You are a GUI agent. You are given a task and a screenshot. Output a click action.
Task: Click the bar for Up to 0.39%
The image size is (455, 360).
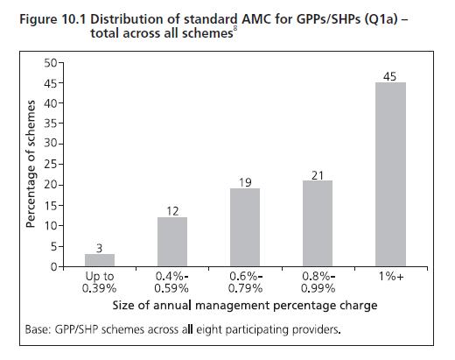[100, 260]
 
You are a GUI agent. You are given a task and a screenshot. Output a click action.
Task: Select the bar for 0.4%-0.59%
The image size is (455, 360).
[172, 242]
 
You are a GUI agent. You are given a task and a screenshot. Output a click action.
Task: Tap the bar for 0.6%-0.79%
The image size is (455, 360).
[245, 227]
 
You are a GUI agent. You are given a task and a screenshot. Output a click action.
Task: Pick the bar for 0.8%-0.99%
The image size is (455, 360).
[318, 223]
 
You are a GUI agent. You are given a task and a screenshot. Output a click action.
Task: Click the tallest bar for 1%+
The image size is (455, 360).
[390, 174]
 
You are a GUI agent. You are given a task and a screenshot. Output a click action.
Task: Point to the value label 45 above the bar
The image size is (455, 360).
[390, 76]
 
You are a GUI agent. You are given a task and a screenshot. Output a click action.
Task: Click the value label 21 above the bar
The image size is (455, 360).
[318, 175]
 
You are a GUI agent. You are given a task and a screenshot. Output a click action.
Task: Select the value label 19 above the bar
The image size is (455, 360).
[245, 183]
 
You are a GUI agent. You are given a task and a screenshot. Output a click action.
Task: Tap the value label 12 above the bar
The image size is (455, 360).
[172, 211]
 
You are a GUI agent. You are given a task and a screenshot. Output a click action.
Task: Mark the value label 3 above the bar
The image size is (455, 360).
[100, 249]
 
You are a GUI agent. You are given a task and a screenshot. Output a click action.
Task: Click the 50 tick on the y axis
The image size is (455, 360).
[51, 62]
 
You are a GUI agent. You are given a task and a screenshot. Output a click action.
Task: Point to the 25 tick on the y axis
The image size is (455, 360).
[51, 165]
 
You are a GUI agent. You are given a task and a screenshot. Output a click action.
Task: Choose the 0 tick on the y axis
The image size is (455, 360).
[54, 266]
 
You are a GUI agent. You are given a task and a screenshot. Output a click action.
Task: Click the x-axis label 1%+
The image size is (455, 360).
[391, 276]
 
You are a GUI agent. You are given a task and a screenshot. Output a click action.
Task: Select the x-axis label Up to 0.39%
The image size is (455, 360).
[100, 282]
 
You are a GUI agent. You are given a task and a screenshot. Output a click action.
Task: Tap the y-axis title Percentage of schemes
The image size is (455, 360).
[31, 164]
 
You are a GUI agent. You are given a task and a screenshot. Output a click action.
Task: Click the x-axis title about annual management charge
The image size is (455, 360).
[245, 306]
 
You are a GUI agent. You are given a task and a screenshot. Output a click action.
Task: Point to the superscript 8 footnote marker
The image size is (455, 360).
[235, 29]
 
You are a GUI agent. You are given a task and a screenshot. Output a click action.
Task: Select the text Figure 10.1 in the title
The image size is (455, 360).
[52, 20]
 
